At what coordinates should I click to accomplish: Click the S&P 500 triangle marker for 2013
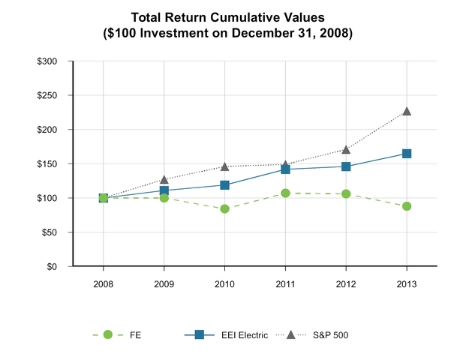tap(407, 111)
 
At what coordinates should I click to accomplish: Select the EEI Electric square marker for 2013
tap(407, 154)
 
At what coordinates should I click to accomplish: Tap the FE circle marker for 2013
tap(407, 206)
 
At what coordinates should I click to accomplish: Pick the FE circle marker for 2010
tap(224, 209)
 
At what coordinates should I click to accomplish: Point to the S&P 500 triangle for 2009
tap(164, 179)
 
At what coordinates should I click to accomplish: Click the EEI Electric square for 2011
tap(285, 169)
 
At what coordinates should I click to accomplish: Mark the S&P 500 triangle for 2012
tap(346, 149)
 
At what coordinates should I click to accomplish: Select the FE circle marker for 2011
tap(285, 193)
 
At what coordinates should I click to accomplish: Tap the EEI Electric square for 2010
tap(224, 185)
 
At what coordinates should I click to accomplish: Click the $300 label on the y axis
tap(47, 61)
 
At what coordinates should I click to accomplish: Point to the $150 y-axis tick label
tap(47, 164)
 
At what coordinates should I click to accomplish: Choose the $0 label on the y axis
tap(51, 267)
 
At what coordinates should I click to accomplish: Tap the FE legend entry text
tap(135, 335)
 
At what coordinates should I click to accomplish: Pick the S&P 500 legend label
tap(330, 335)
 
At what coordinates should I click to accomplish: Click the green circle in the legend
tap(108, 334)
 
